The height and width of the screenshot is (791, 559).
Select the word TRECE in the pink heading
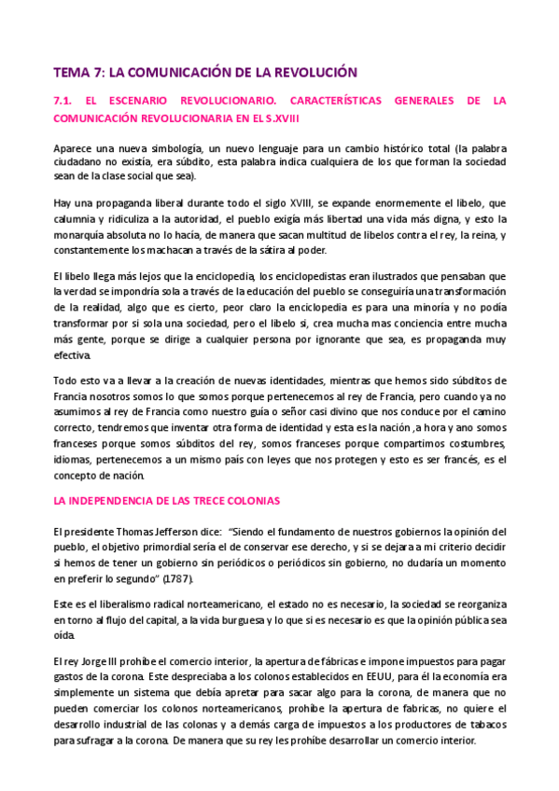(206, 500)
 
